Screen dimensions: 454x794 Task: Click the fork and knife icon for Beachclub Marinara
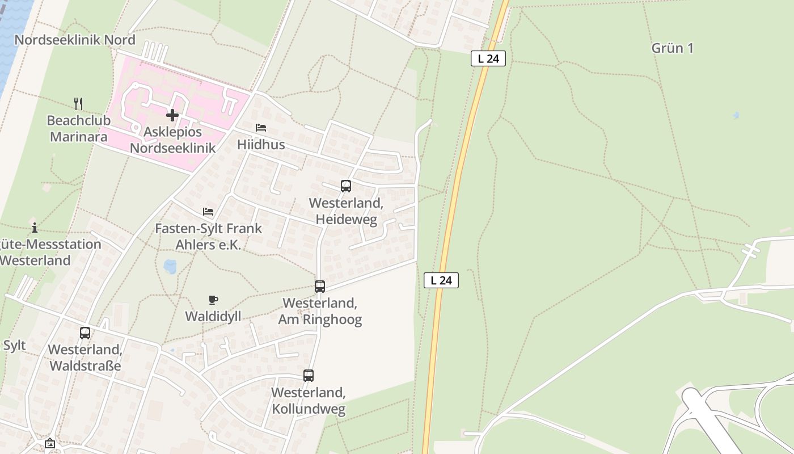tap(78, 103)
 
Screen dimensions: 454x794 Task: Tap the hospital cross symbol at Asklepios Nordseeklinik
tap(172, 115)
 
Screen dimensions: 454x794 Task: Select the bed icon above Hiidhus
tap(261, 128)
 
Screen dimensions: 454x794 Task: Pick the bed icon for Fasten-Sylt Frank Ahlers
tap(208, 212)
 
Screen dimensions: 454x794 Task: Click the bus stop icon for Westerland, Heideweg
tap(346, 186)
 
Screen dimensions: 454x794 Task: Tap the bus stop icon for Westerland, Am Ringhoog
tap(320, 287)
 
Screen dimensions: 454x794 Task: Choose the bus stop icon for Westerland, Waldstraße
tap(85, 333)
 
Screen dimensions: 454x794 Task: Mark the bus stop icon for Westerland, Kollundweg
tap(309, 375)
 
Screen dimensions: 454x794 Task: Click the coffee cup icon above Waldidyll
tap(213, 300)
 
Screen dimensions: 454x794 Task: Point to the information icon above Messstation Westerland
tap(35, 228)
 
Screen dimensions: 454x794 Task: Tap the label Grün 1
tap(672, 48)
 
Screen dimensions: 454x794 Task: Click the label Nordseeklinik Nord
tap(75, 40)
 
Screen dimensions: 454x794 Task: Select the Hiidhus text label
tap(261, 145)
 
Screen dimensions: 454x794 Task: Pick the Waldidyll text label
tap(213, 316)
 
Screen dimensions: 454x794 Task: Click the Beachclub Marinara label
tap(78, 128)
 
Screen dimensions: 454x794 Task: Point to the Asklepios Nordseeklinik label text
tap(172, 140)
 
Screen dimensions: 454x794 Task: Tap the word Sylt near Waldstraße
tap(14, 346)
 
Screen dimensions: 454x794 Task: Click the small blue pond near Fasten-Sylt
tap(170, 266)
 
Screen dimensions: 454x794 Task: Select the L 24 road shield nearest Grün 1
tap(488, 58)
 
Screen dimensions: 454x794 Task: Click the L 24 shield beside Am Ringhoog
tap(441, 280)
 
